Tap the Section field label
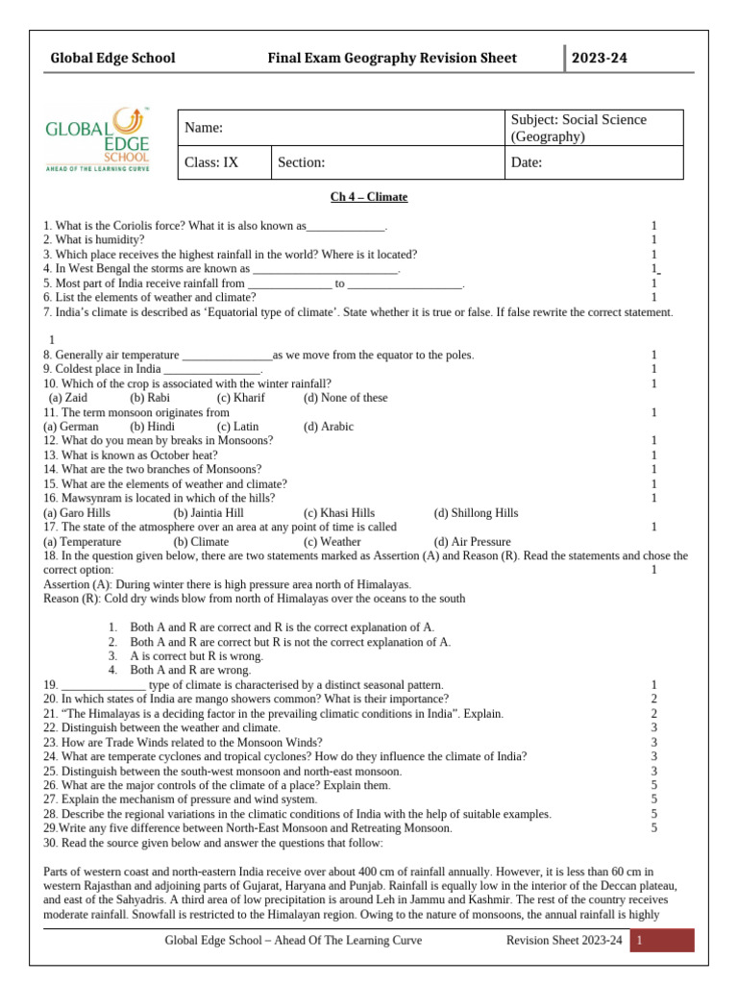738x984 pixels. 302,162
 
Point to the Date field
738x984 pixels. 527,162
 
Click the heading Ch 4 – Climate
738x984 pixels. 369,197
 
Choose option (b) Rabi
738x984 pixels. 151,398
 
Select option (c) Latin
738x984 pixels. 237,427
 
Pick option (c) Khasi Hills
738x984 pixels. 339,513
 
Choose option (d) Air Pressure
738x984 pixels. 473,542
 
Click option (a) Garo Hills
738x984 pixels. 77,513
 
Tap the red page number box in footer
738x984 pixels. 662,940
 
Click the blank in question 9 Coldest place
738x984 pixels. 212,370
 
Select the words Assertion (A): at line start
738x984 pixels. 82,584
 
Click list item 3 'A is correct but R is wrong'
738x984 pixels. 196,656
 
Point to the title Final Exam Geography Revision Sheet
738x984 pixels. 392,58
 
